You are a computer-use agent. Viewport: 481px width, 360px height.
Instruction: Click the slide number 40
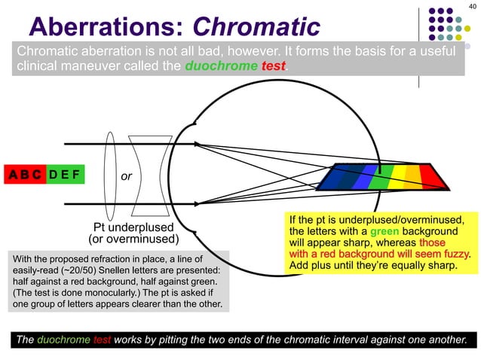pyautogui.click(x=472, y=7)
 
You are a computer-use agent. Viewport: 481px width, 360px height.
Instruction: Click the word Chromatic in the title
pyautogui.click(x=256, y=28)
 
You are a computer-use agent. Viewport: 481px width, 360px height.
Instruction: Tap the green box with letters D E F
pyautogui.click(x=66, y=175)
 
